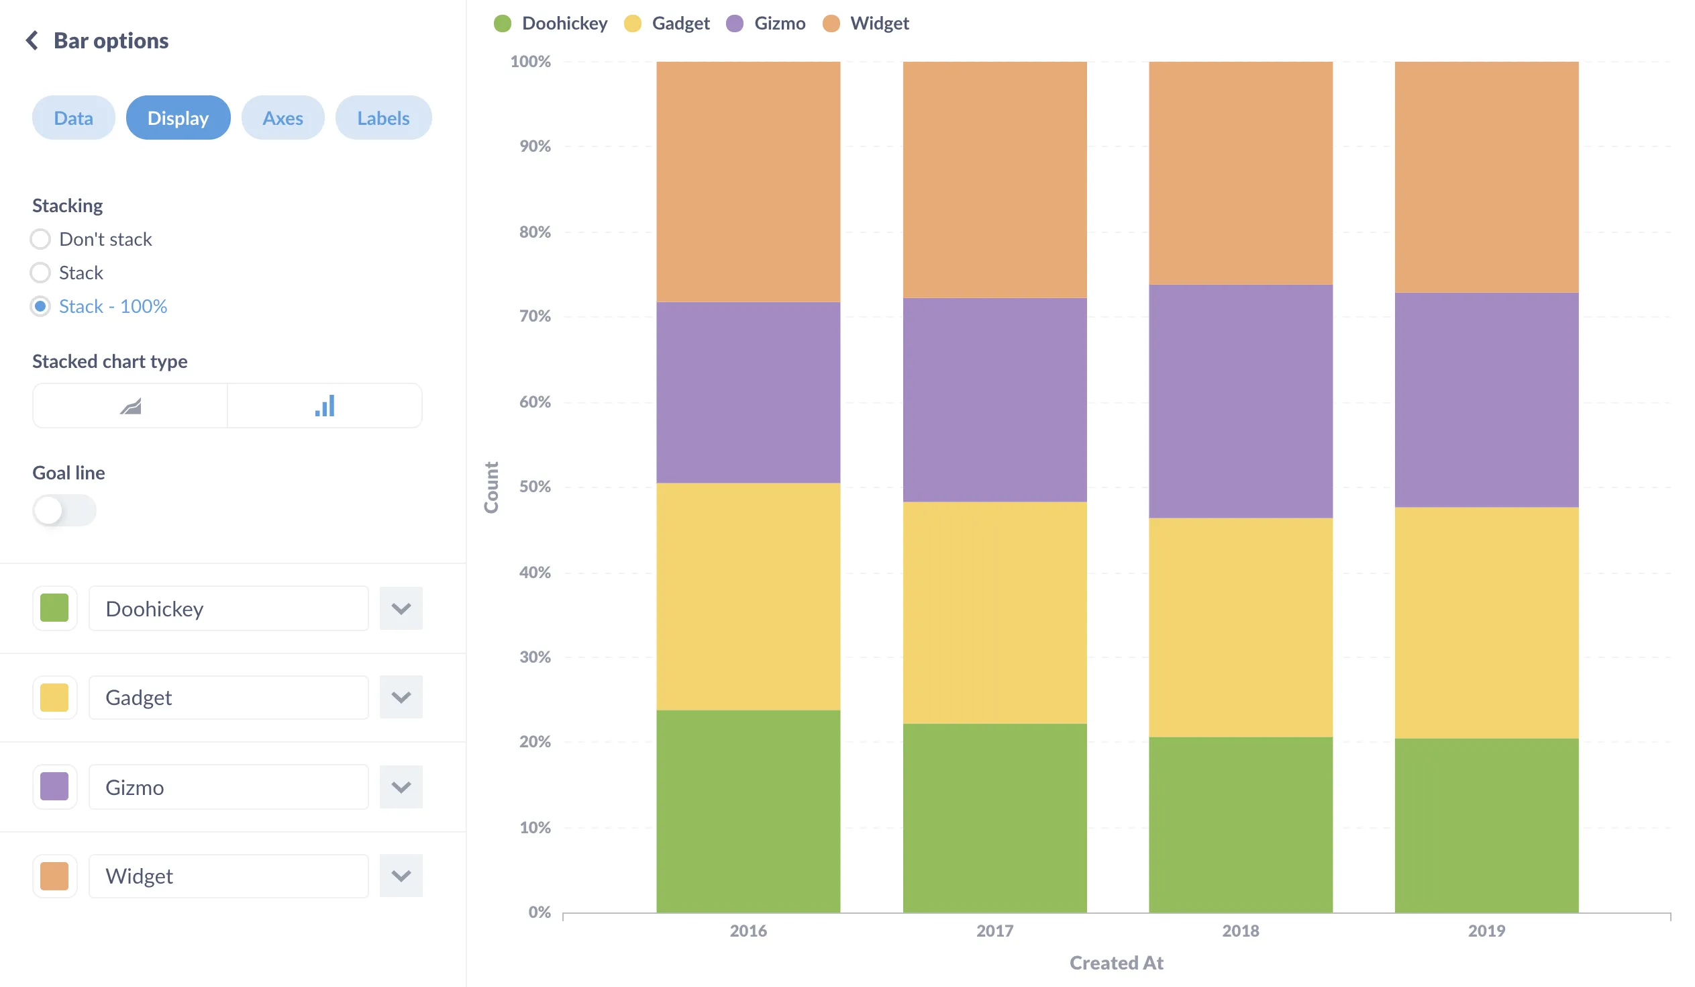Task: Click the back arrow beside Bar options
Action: click(x=32, y=40)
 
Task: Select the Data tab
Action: click(x=73, y=117)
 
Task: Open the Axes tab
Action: click(x=282, y=117)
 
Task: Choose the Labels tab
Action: click(x=382, y=117)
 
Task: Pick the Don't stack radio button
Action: click(x=40, y=239)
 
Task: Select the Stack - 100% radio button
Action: click(x=40, y=306)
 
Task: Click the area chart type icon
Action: click(x=130, y=406)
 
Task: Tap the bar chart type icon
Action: click(x=325, y=406)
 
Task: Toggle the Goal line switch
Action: click(x=64, y=510)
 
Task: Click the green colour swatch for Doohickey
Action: click(x=54, y=608)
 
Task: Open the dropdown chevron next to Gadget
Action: click(x=401, y=697)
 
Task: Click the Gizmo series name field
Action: click(x=229, y=786)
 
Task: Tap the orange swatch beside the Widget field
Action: click(x=54, y=876)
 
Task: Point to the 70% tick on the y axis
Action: click(x=535, y=316)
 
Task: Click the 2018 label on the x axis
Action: click(x=1240, y=931)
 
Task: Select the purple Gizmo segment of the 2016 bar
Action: click(x=748, y=392)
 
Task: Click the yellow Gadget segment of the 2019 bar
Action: click(x=1486, y=622)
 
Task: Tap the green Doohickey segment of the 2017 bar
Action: click(x=994, y=817)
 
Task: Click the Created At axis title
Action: click(x=1116, y=963)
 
